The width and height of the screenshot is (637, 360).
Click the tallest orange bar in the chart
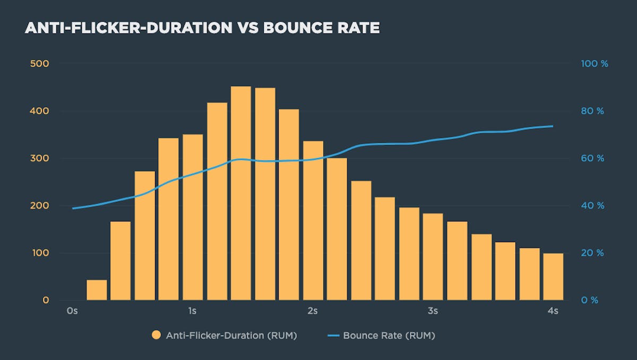coord(240,193)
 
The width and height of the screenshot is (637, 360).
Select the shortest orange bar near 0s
coord(97,290)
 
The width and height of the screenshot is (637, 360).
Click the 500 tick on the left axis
coord(39,64)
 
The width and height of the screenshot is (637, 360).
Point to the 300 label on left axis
coord(39,158)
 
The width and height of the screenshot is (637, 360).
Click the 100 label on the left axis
coord(39,253)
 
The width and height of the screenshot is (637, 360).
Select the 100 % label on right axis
coord(595,64)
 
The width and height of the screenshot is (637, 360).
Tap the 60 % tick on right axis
coord(592,158)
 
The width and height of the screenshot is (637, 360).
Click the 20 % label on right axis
coord(592,253)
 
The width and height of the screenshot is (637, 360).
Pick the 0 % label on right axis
coord(590,300)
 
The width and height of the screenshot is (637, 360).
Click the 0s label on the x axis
coord(73,310)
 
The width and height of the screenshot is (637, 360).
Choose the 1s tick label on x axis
coord(192,310)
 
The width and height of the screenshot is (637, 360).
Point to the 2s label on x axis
coord(312,310)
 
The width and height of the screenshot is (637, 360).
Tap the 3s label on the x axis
coord(433,310)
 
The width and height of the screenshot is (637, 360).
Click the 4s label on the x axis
coord(553,310)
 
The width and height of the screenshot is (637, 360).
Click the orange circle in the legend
coord(156,336)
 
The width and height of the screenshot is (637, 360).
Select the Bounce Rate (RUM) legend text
coord(389,336)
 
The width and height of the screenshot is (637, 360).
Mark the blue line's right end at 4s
coord(553,126)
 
